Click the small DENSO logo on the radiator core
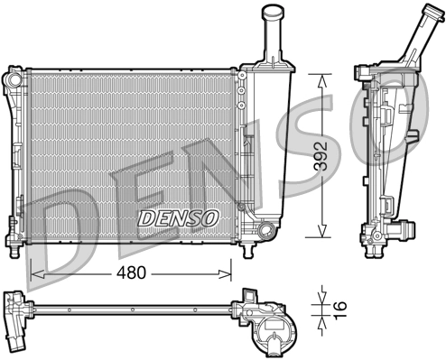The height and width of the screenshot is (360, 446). (177, 217)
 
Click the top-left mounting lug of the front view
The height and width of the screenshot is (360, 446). (14, 78)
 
